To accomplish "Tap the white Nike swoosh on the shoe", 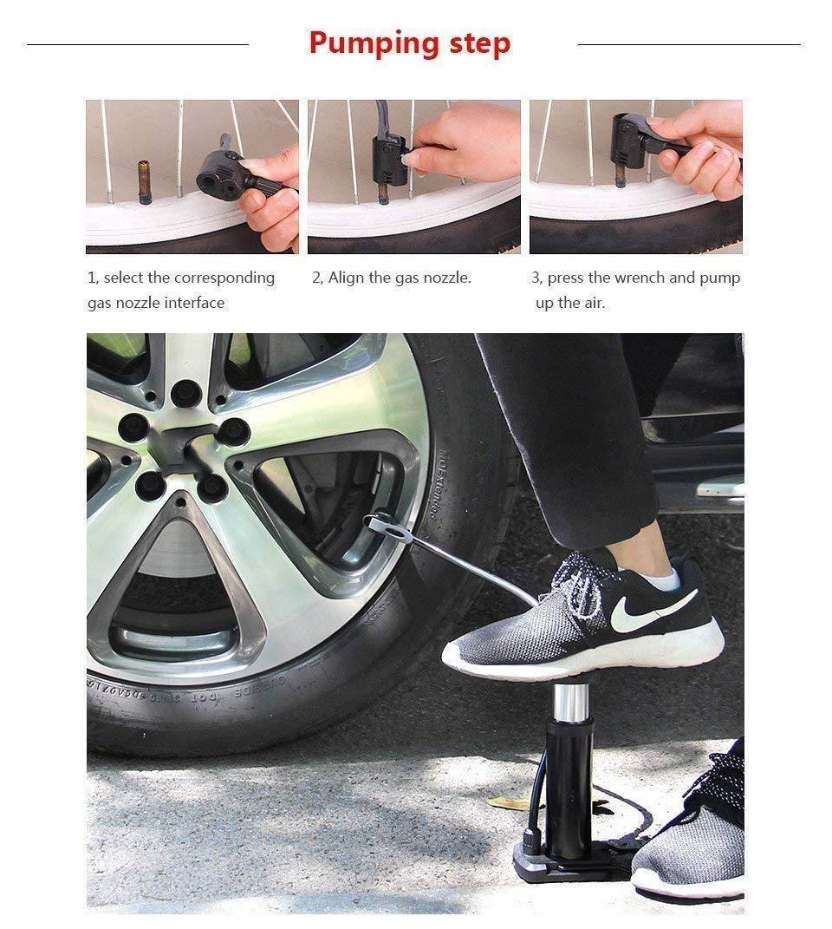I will [x=651, y=611].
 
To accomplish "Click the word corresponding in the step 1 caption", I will [x=224, y=278].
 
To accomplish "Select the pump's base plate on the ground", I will [x=555, y=863].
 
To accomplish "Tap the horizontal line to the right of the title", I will [x=688, y=43].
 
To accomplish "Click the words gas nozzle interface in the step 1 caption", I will [x=156, y=303].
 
